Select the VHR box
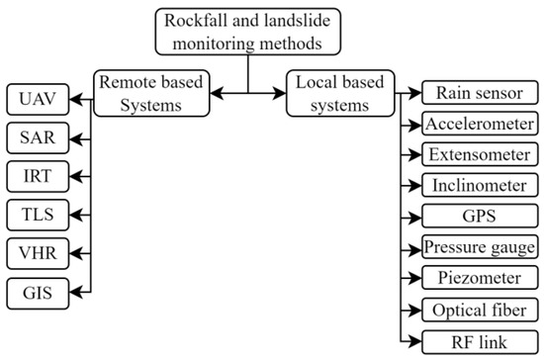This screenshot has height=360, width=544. pos(37,252)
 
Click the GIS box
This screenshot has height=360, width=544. pos(37,293)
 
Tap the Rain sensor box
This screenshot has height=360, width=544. pos(479,94)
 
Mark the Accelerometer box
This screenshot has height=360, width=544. pos(479,125)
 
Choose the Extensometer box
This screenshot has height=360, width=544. pos(479,155)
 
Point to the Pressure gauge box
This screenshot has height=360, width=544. pos(479,246)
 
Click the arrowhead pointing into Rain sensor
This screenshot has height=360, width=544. pos(416,94)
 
